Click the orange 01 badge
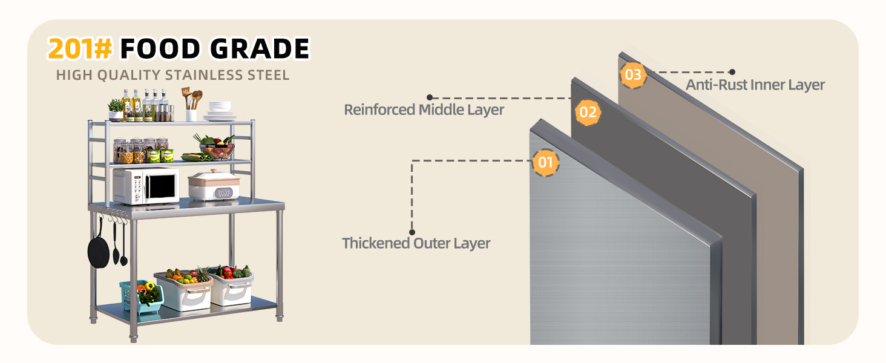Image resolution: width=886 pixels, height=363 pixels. pos(545,162)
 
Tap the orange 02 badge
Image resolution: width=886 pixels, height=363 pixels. pos(588,113)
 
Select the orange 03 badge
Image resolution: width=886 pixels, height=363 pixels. pos(633,75)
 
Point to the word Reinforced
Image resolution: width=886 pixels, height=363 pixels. pos(379,110)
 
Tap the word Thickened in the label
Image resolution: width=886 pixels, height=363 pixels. pos(376,243)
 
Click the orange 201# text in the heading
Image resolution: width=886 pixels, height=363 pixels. pos(80,48)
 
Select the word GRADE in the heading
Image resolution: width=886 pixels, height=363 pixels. pos(260,48)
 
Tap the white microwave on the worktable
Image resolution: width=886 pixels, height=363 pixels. pos(146,185)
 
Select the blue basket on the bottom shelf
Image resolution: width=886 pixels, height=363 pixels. pos(141,296)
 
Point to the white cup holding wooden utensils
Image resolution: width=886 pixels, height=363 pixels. pos(191,115)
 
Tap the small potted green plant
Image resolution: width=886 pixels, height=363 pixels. pos(116,110)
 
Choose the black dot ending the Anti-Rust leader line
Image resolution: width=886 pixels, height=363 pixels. pos(732,72)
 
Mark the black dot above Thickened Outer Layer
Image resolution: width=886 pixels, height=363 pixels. pos(412,232)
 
